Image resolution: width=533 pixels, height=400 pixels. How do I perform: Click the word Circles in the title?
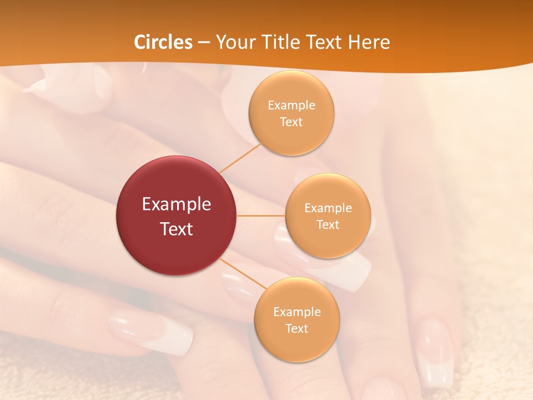click(x=163, y=42)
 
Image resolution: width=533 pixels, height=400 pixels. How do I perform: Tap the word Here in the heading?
click(x=369, y=42)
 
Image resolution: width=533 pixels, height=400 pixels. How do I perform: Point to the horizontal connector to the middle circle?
click(x=261, y=216)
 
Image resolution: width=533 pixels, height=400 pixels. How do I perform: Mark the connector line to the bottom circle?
click(x=243, y=274)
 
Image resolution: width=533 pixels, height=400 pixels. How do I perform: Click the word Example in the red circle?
click(x=177, y=204)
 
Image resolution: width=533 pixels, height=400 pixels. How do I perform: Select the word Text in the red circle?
click(x=177, y=229)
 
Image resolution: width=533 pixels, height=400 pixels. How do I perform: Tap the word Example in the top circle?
click(x=291, y=106)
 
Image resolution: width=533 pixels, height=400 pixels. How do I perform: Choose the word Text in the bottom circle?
click(x=296, y=329)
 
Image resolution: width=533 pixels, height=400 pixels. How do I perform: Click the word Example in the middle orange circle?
click(x=328, y=208)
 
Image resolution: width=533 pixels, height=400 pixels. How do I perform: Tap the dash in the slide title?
click(x=203, y=43)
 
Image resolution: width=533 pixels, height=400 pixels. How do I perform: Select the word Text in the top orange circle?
click(x=291, y=122)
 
